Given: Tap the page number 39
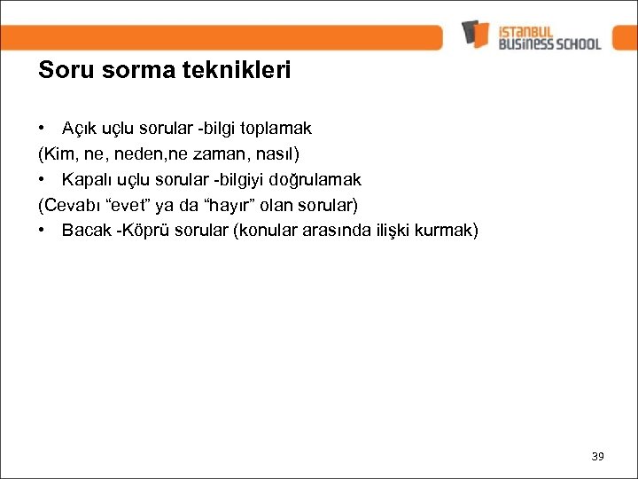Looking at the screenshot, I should point(597,456).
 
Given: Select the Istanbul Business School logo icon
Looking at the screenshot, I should point(476,34).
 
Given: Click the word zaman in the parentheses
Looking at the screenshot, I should point(231,153).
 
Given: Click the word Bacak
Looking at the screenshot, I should point(85,231).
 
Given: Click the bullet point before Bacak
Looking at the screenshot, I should point(42,231).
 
